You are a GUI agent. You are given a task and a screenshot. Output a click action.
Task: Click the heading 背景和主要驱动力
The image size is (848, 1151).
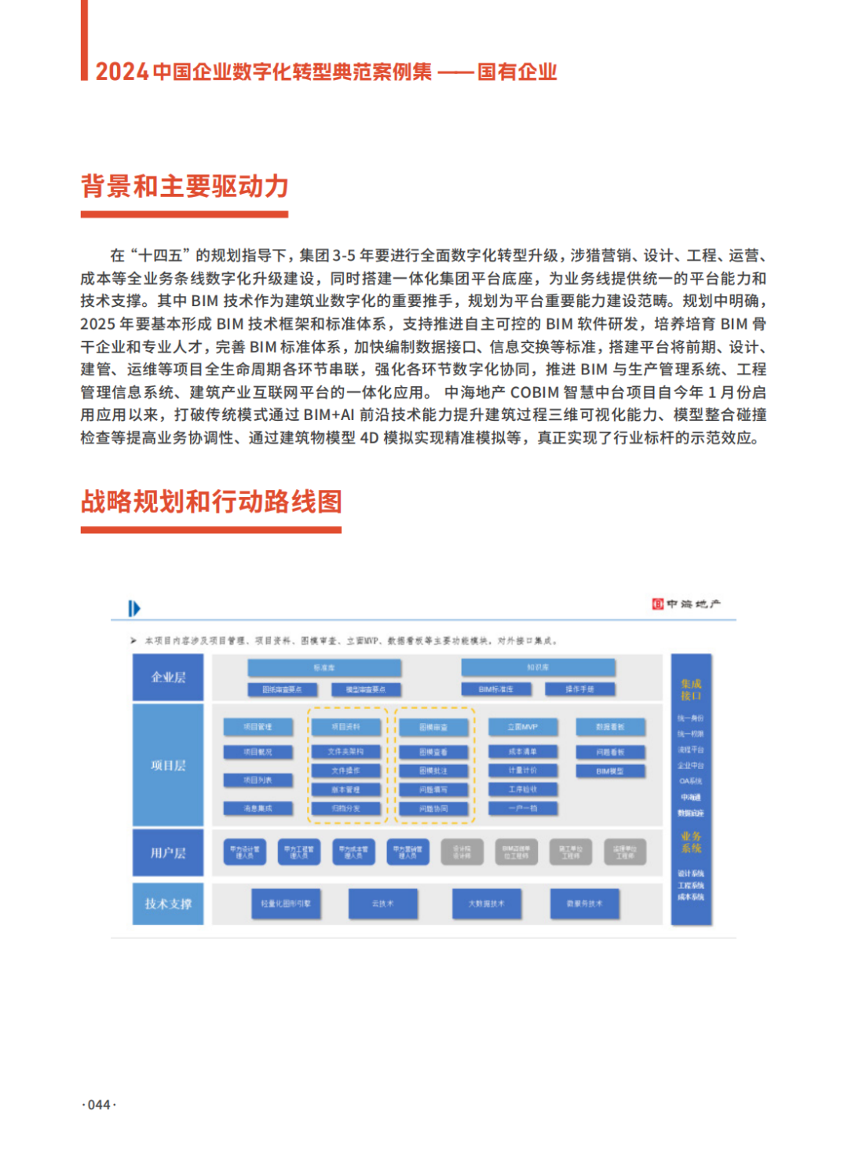click(x=185, y=187)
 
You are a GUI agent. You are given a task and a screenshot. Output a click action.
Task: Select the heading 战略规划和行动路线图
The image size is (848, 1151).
click(x=211, y=502)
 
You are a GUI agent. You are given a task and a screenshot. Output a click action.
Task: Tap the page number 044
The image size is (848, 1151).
click(x=99, y=1105)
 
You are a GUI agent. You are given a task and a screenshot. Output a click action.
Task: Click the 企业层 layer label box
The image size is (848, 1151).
click(x=168, y=678)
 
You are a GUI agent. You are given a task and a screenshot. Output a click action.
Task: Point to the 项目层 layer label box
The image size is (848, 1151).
click(x=168, y=766)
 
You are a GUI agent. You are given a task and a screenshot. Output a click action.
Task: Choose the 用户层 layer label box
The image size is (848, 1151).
click(x=168, y=853)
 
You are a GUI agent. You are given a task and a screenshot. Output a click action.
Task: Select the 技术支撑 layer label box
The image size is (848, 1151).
click(x=168, y=904)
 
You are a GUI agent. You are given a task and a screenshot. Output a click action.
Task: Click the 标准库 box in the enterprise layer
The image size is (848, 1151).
click(x=324, y=668)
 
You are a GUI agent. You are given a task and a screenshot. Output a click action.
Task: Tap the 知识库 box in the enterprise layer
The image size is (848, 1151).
click(x=538, y=668)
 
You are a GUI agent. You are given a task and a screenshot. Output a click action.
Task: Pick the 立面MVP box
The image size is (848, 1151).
click(x=522, y=727)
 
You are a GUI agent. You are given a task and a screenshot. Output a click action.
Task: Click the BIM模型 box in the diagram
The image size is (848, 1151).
click(x=610, y=771)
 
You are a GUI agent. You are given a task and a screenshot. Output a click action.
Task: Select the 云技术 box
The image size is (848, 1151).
click(x=383, y=904)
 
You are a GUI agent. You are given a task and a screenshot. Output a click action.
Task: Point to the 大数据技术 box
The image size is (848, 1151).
click(x=487, y=904)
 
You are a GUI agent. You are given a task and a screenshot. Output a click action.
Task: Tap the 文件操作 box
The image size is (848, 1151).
click(x=345, y=771)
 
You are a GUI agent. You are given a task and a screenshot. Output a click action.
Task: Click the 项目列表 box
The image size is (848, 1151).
click(x=258, y=780)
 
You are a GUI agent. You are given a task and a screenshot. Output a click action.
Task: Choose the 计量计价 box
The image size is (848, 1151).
click(x=522, y=771)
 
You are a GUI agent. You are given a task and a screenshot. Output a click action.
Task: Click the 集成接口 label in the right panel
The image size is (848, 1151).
click(x=691, y=690)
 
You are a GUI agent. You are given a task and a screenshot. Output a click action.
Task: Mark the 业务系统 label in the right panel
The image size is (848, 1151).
click(x=691, y=842)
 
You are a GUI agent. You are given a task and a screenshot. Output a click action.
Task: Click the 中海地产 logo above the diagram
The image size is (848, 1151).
click(x=686, y=604)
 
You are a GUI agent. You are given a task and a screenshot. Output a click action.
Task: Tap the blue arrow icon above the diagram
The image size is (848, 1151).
click(x=134, y=608)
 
